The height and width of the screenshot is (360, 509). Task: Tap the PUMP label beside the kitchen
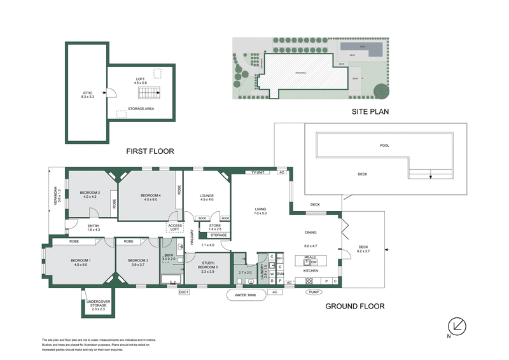click(x=312, y=292)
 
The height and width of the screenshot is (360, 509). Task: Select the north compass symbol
click(x=457, y=326)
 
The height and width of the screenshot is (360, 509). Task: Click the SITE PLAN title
click(x=370, y=111)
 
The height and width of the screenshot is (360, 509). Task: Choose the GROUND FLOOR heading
click(x=355, y=306)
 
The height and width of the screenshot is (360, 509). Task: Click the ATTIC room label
click(x=87, y=93)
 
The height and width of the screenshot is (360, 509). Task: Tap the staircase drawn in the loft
click(x=149, y=94)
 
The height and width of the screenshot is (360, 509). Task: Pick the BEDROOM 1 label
click(x=76, y=261)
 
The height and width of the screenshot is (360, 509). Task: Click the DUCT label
click(x=184, y=292)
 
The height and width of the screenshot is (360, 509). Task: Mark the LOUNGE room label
click(x=206, y=197)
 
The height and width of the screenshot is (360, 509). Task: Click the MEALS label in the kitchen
click(x=310, y=256)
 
